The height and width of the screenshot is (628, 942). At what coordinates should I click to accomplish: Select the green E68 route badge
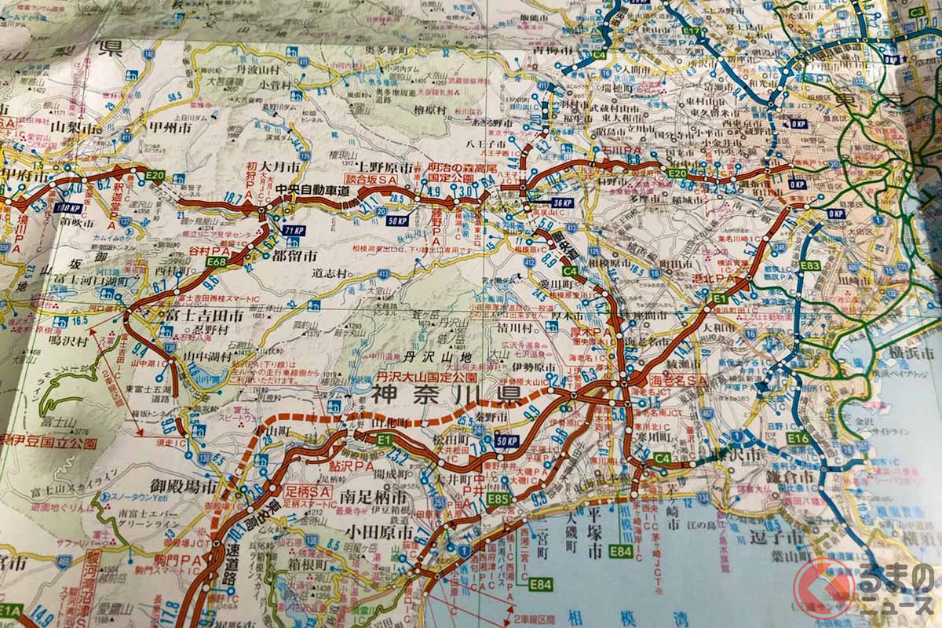218,262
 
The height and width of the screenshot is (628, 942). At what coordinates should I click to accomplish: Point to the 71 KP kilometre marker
293,230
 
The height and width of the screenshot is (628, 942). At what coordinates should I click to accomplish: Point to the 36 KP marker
562,203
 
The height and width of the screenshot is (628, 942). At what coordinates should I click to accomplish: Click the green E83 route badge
809,266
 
